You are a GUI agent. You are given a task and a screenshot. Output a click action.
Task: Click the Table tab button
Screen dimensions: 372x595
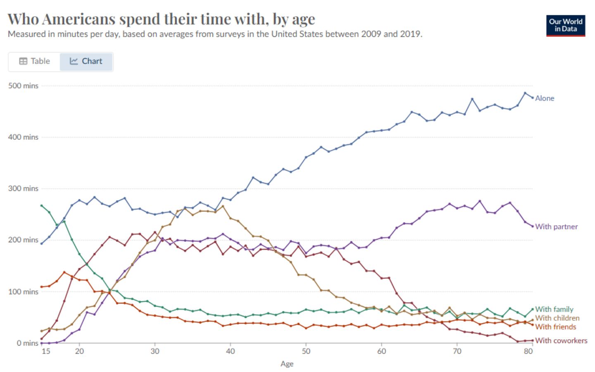click(x=35, y=61)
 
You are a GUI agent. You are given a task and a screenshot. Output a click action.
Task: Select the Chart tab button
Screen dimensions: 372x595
click(x=86, y=61)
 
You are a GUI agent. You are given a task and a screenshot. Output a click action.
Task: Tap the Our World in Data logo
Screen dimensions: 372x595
click(x=565, y=26)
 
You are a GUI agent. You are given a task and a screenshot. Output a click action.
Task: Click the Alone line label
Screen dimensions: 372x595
click(x=545, y=98)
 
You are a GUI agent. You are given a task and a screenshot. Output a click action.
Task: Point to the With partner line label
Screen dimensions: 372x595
click(x=556, y=227)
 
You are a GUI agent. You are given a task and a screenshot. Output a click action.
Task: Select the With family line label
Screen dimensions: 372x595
click(x=554, y=309)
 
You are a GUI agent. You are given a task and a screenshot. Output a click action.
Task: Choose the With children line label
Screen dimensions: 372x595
click(x=557, y=318)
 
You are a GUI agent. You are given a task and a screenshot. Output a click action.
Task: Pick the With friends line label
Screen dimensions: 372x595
click(x=555, y=327)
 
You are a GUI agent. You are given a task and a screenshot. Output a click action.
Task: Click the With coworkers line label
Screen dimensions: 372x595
click(x=561, y=341)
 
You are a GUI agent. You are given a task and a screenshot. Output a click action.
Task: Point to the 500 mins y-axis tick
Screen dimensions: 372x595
click(x=23, y=86)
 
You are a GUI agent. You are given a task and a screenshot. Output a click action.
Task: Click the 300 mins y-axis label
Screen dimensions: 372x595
click(x=23, y=188)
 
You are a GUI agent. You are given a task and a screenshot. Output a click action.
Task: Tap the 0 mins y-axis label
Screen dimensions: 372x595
click(x=27, y=343)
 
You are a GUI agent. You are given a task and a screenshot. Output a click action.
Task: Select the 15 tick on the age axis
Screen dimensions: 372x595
click(x=46, y=351)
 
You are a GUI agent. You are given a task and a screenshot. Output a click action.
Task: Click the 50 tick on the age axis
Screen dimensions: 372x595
click(x=306, y=351)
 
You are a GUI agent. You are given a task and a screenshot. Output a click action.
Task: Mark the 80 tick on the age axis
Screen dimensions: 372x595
click(x=528, y=351)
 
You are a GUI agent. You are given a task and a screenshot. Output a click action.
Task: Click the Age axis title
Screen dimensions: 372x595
click(x=287, y=364)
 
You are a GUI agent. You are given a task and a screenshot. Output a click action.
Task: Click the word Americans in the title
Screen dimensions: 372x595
click(x=79, y=19)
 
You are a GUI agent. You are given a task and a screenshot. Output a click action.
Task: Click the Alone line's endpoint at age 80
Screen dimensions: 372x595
click(x=532, y=98)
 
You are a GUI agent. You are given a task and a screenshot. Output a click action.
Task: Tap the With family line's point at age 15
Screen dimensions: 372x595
click(x=41, y=205)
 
